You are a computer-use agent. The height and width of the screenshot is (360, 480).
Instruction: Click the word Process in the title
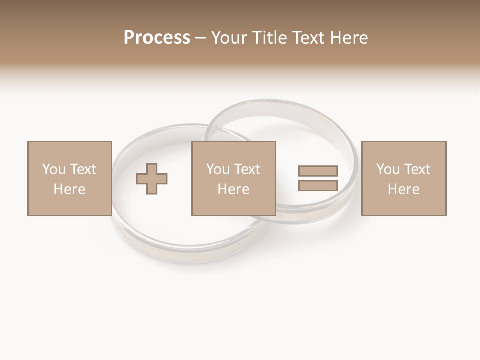157,38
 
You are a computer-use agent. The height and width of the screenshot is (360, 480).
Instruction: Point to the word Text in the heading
304,38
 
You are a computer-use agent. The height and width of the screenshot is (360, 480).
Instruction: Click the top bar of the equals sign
318,171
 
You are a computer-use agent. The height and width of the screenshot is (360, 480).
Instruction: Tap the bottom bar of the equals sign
318,185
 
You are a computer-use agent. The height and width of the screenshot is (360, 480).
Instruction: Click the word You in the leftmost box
54,169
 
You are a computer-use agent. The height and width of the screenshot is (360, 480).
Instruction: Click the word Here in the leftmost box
69,189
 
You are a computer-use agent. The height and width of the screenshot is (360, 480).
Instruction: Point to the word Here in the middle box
233,189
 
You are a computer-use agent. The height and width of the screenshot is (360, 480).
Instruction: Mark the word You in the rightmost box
388,169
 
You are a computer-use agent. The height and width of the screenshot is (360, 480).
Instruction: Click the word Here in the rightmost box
403,189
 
